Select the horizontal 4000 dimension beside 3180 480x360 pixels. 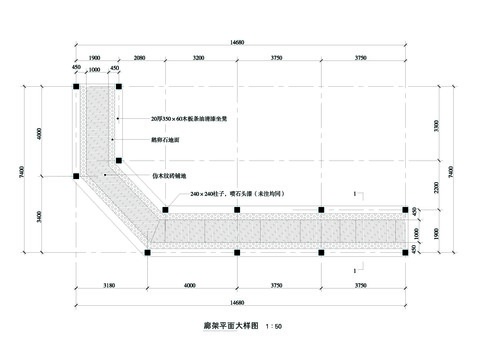point(191,286)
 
